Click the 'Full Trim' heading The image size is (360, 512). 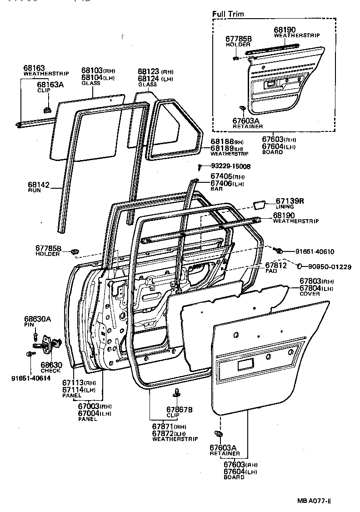click(x=228, y=14)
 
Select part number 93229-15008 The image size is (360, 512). click(x=230, y=166)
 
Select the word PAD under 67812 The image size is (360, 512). click(x=271, y=271)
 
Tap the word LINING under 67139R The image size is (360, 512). click(x=285, y=207)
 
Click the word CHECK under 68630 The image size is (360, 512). click(x=50, y=371)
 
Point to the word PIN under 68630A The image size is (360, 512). click(x=29, y=326)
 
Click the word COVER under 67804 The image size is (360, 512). click(x=310, y=294)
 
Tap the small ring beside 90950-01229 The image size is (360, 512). click(x=300, y=266)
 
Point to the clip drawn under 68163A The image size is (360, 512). click(x=46, y=110)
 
